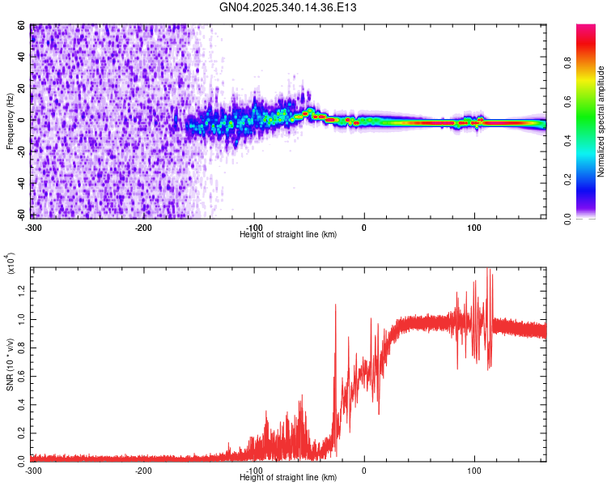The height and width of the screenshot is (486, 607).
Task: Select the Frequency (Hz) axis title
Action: pos(9,122)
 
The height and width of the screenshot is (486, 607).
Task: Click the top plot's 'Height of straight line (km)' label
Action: pos(289,234)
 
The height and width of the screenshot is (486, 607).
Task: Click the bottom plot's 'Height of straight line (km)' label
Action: pos(289,477)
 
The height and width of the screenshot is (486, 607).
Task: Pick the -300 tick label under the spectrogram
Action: pos(33,226)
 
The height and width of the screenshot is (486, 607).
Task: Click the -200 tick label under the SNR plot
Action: pos(143,471)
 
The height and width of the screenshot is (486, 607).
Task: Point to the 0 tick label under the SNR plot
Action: pos(363,471)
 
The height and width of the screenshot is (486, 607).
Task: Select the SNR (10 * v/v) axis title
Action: pos(10,364)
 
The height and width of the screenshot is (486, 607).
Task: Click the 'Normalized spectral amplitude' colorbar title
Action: pos(601,122)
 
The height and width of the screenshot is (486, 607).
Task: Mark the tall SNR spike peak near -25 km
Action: pos(336,305)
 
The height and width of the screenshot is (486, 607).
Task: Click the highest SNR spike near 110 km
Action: pos(487,269)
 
